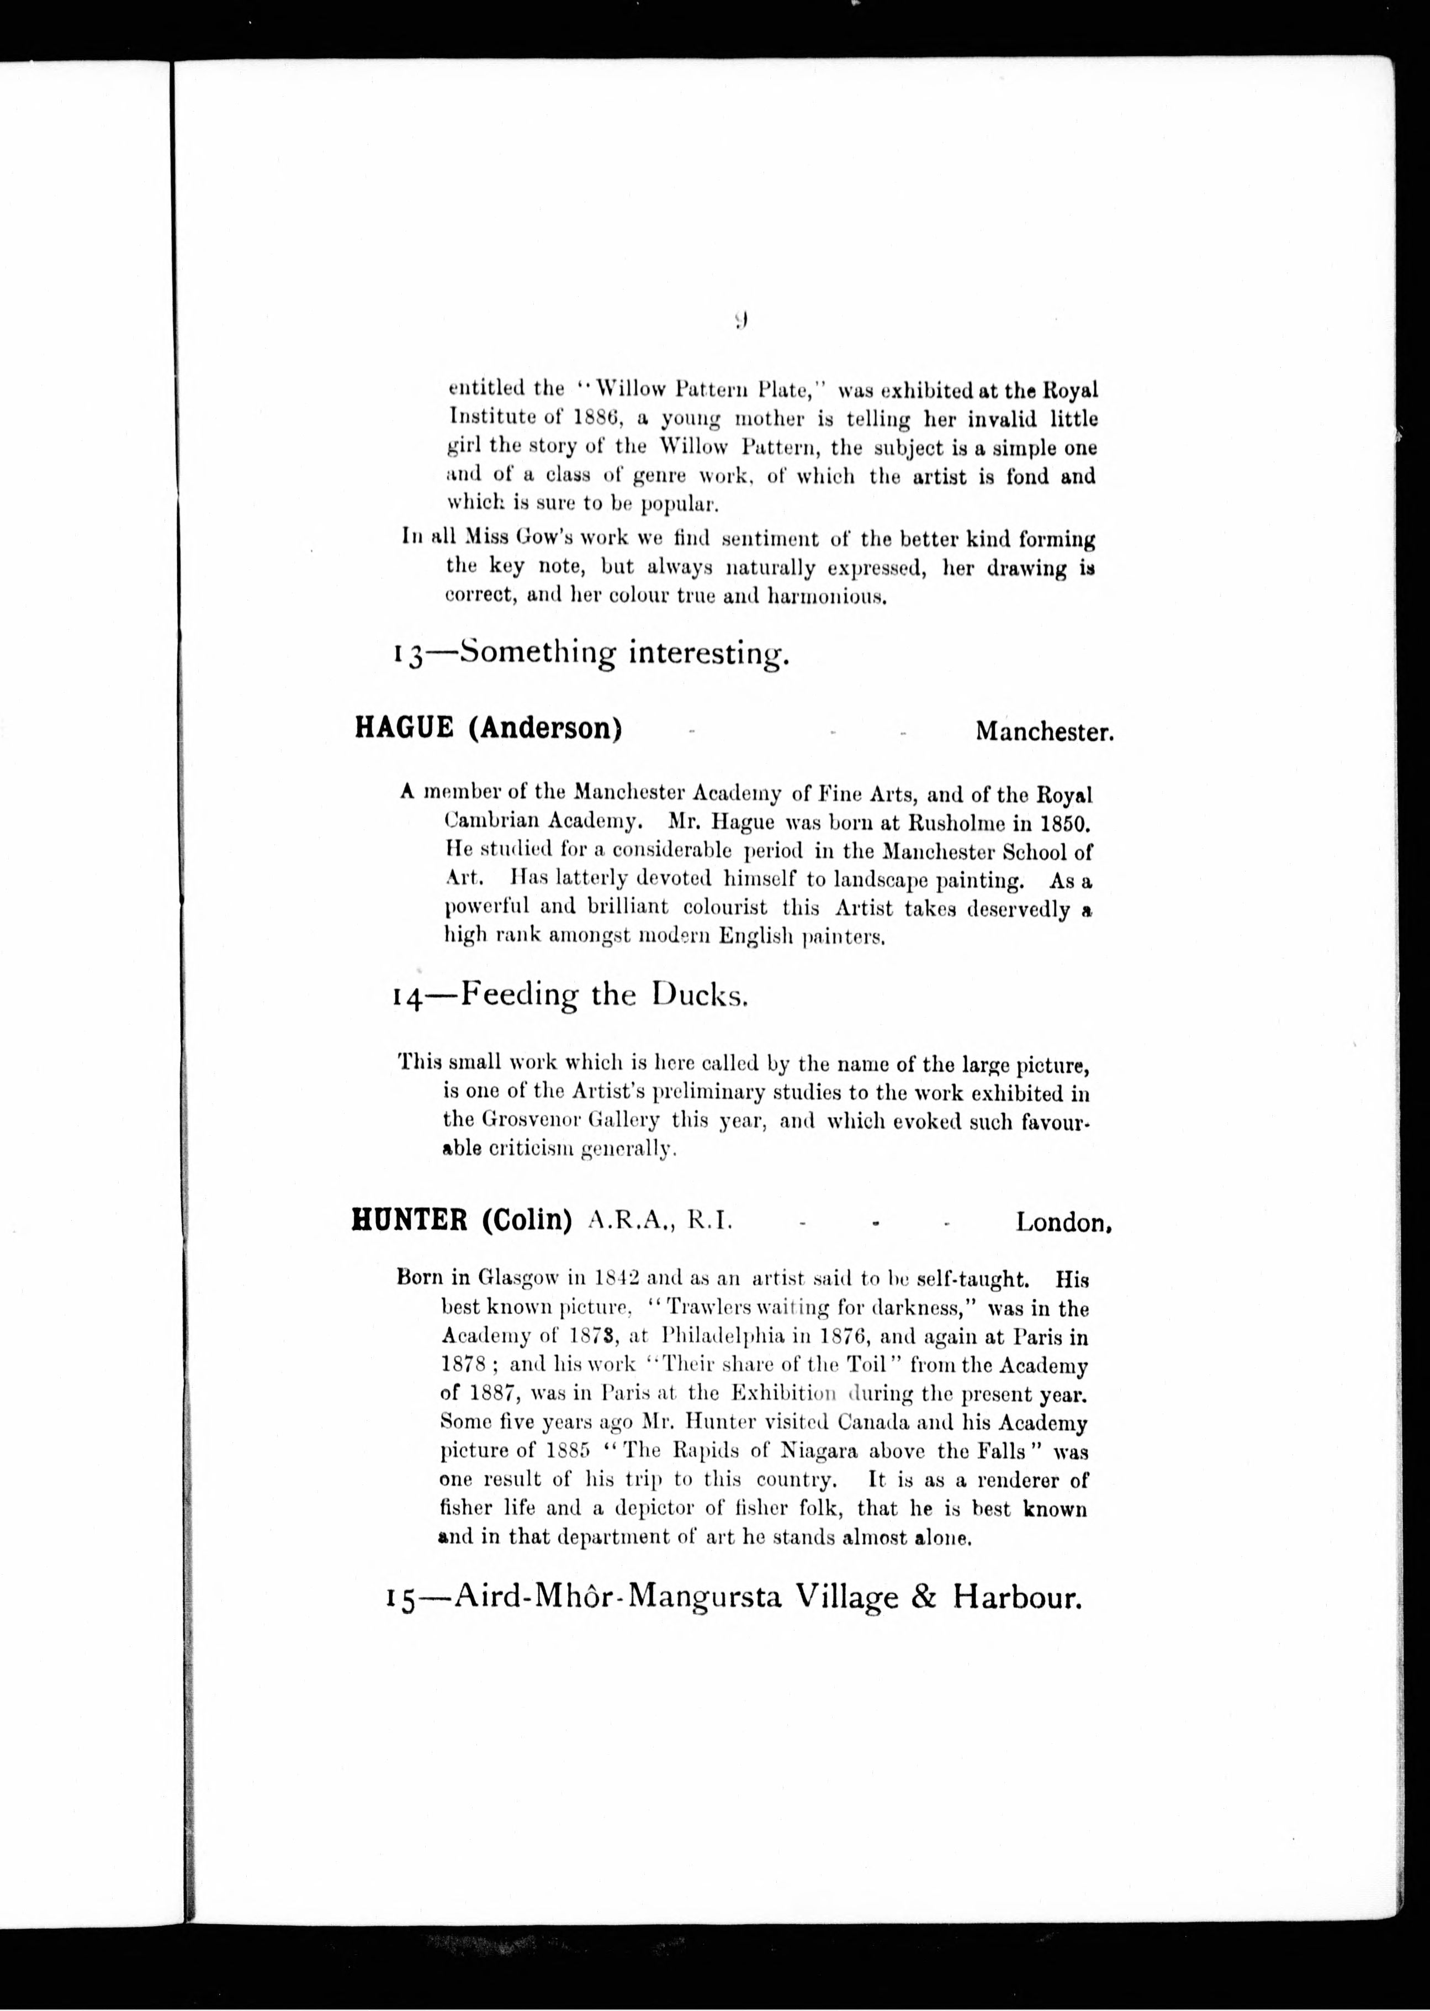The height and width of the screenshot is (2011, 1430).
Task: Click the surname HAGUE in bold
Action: [404, 729]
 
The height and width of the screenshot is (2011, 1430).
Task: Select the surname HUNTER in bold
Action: [410, 1221]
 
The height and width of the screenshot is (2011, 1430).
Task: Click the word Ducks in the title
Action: [700, 996]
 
